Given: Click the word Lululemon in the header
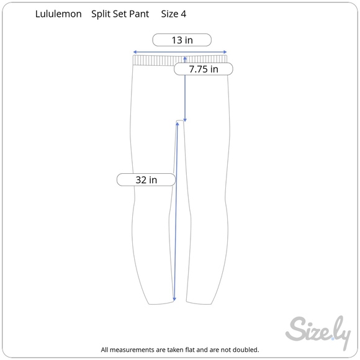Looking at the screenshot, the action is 58,14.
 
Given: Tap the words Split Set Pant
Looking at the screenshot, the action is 120,14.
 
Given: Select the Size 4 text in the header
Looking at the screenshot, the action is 174,14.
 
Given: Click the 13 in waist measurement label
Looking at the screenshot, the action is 182,40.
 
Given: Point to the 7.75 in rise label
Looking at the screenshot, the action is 204,69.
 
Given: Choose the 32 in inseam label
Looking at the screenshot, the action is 146,180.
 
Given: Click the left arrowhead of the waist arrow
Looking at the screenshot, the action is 135,52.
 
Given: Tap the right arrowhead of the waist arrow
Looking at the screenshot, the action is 225,52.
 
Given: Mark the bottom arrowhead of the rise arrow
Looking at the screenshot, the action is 185,120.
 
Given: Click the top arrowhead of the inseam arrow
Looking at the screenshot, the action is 178,124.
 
